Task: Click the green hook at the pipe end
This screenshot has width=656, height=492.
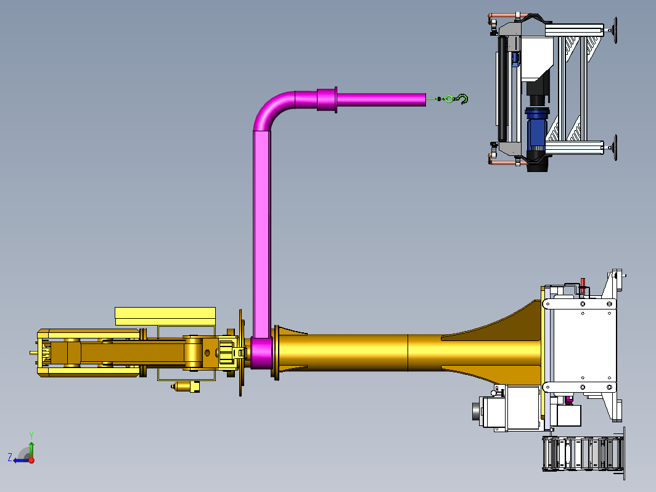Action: pyautogui.click(x=463, y=99)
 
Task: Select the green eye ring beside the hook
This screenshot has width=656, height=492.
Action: pyautogui.click(x=449, y=99)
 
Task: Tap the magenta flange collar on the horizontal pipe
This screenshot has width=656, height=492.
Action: pyautogui.click(x=327, y=100)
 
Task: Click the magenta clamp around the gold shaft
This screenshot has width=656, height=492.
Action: pyautogui.click(x=261, y=353)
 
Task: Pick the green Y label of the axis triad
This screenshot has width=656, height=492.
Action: pyautogui.click(x=31, y=435)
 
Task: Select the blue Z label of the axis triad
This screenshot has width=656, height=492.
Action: pyautogui.click(x=10, y=457)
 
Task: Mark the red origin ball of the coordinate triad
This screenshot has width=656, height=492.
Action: pyautogui.click(x=31, y=460)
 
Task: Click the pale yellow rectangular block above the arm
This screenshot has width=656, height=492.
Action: pyautogui.click(x=165, y=316)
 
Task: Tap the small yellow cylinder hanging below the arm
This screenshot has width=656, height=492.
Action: pyautogui.click(x=186, y=386)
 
